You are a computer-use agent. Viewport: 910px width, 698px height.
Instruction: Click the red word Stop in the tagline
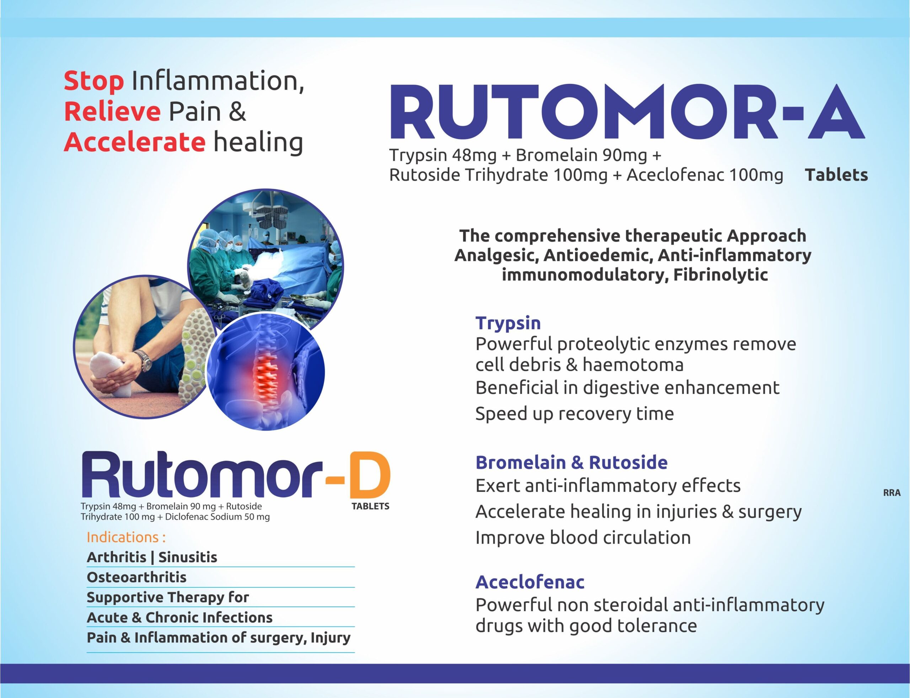pyautogui.click(x=94, y=81)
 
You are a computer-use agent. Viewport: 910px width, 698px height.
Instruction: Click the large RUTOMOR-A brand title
pyautogui.click(x=627, y=112)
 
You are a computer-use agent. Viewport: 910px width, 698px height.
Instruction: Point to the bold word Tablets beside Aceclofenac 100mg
pyautogui.click(x=836, y=175)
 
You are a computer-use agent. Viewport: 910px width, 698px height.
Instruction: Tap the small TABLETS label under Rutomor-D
pyautogui.click(x=370, y=506)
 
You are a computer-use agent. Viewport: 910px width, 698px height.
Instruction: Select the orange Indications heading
pyautogui.click(x=126, y=537)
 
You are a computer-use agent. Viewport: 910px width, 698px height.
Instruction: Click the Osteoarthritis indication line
pyautogui.click(x=136, y=577)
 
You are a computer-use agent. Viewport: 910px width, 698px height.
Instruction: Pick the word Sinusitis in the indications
pyautogui.click(x=188, y=557)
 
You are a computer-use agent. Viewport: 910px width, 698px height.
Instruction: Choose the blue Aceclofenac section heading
pyautogui.click(x=530, y=582)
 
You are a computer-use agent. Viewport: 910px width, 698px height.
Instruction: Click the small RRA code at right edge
pyautogui.click(x=892, y=493)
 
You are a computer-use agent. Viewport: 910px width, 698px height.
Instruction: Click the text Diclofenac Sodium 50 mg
pyautogui.click(x=217, y=517)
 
